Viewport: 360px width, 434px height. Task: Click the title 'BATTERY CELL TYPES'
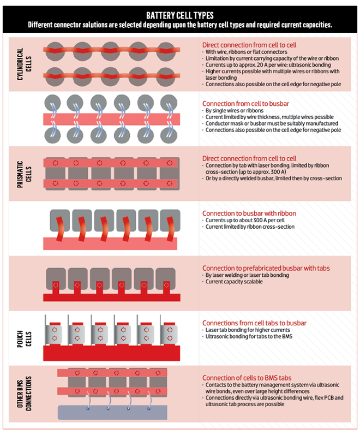coord(179,15)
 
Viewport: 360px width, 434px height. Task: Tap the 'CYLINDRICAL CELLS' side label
coord(24,64)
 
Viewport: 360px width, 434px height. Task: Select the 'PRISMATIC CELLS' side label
coord(24,174)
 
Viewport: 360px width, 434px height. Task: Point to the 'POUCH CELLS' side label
coord(24,339)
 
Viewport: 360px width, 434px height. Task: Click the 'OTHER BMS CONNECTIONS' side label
coord(24,393)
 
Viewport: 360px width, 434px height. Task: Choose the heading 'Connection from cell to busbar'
coord(245,104)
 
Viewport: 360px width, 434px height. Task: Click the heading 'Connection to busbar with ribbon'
coord(249,213)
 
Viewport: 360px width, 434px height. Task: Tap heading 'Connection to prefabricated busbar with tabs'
coord(266,268)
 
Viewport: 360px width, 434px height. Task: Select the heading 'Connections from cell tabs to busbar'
coord(254,323)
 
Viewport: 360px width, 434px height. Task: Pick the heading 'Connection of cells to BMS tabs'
coord(247,378)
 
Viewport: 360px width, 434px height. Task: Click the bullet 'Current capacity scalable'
coord(234,282)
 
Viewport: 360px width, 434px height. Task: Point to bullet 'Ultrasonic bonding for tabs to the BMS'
coord(249,336)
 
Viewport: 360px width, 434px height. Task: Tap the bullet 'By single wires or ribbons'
coord(235,110)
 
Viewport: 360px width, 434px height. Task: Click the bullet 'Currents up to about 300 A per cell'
coord(245,221)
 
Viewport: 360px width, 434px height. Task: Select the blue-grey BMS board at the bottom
coord(112,412)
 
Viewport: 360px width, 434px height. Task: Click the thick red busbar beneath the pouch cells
coord(111,353)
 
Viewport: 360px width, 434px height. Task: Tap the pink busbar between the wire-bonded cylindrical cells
coord(111,119)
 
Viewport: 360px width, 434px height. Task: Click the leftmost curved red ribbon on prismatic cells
coord(59,229)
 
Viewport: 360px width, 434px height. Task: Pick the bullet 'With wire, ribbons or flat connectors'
coord(246,52)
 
